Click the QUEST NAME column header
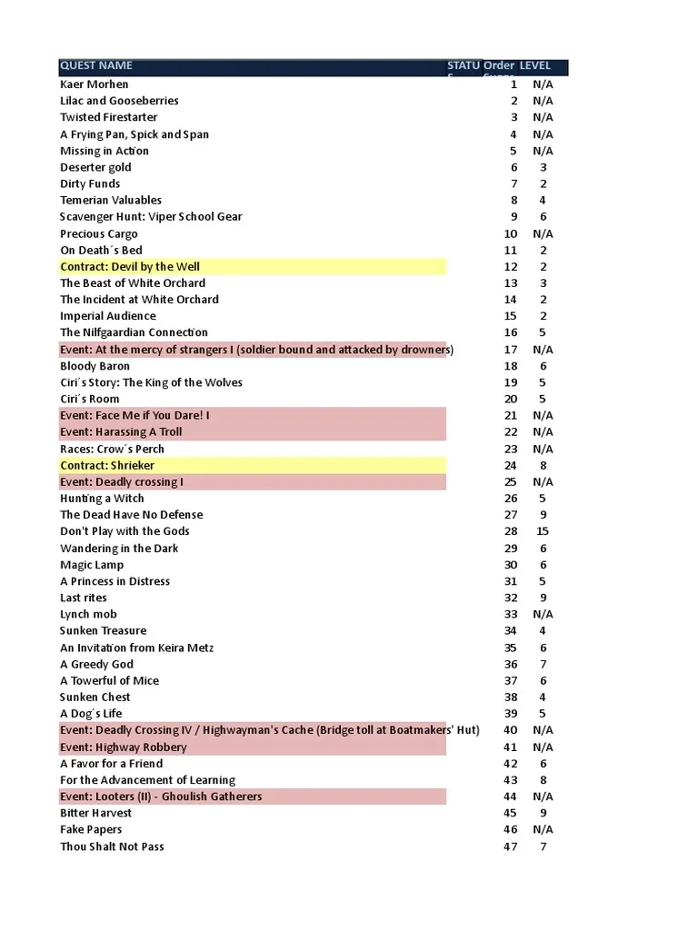[x=96, y=66]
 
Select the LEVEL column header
[x=535, y=66]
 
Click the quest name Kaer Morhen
[x=95, y=84]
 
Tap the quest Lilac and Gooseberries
[x=119, y=101]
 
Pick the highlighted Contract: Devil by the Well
[x=130, y=266]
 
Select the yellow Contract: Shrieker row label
[x=107, y=465]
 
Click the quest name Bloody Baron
[x=95, y=366]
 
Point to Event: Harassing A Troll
[x=122, y=432]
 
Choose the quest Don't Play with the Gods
[x=125, y=531]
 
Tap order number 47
[x=511, y=846]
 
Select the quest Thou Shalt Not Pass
[x=112, y=846]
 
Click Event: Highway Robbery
[x=124, y=747]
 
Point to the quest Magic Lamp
[x=92, y=565]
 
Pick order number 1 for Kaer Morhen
[x=514, y=84]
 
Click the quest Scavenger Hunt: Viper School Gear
[x=151, y=217]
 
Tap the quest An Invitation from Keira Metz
[x=137, y=648]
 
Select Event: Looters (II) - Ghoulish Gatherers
[x=161, y=796]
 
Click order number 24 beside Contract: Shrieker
[x=511, y=465]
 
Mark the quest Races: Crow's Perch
[x=112, y=449]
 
